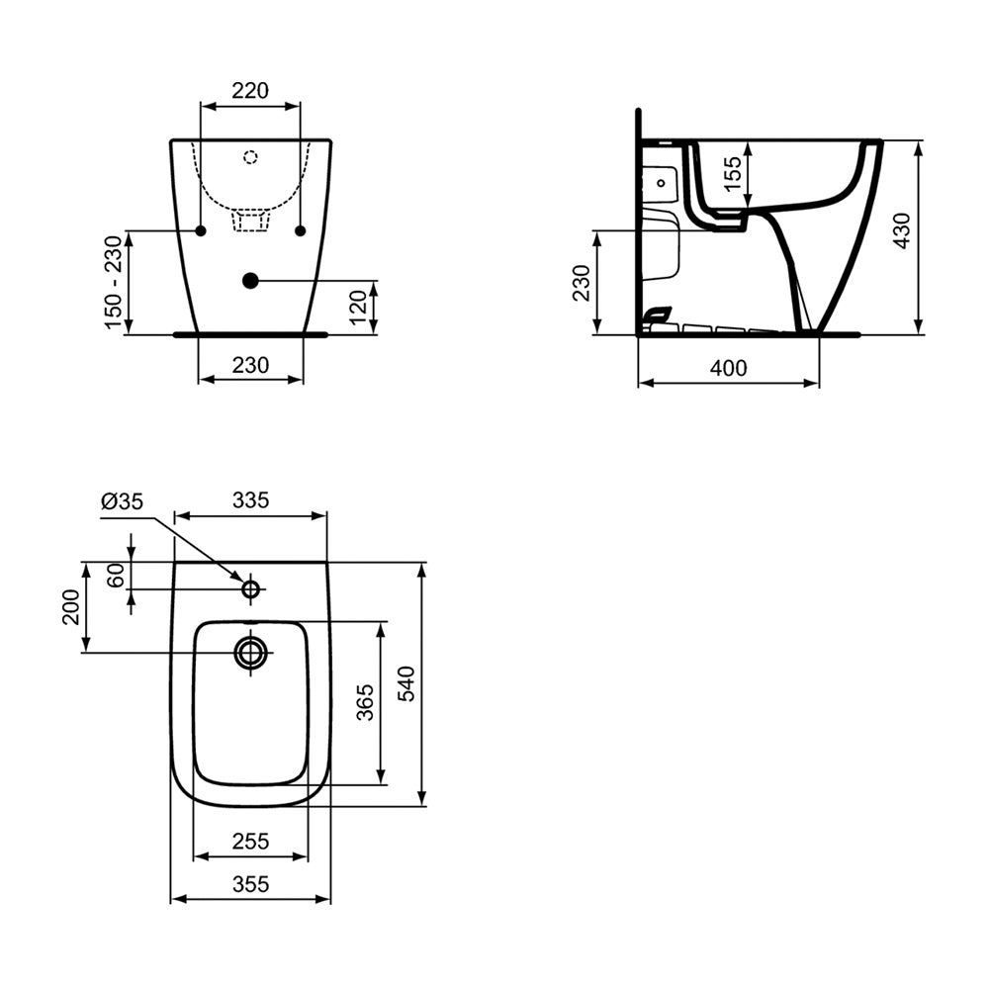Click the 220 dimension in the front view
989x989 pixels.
click(x=250, y=91)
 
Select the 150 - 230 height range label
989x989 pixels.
click(x=115, y=283)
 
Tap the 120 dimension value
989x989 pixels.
click(x=360, y=308)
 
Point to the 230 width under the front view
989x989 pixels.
click(x=250, y=365)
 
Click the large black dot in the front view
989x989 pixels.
click(x=250, y=281)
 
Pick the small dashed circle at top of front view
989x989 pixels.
click(x=250, y=156)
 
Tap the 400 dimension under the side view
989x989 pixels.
click(x=728, y=368)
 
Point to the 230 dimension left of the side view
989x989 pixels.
click(x=582, y=283)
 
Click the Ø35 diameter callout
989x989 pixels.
click(x=122, y=501)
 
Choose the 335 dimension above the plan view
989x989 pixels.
click(x=250, y=500)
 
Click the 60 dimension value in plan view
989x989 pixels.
click(x=117, y=574)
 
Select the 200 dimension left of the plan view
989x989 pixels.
click(x=70, y=606)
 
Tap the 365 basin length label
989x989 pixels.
click(x=365, y=702)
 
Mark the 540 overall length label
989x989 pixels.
click(x=407, y=683)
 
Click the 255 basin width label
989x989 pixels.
click(x=250, y=842)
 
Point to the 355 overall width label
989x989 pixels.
click(x=250, y=885)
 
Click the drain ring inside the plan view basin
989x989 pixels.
click(x=251, y=652)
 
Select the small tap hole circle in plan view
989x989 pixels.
click(x=251, y=589)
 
